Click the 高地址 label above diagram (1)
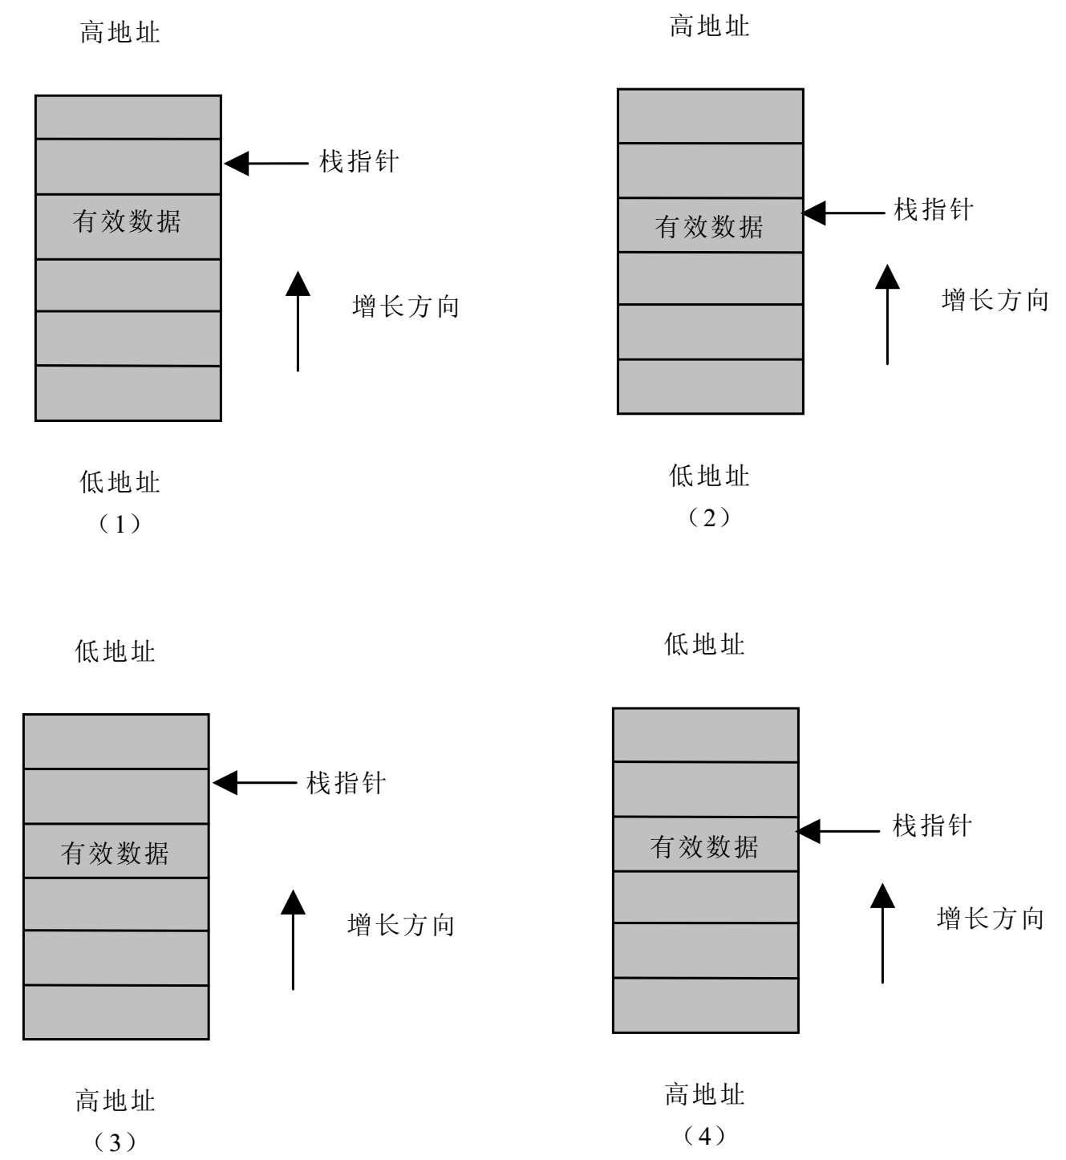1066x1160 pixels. coord(120,33)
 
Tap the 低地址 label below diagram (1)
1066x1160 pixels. coord(120,482)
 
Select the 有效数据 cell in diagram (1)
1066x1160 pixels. coord(128,222)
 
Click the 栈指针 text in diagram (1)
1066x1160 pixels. coord(359,162)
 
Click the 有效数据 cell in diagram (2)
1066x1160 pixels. coord(710,227)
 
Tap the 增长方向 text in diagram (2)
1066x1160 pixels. coord(995,301)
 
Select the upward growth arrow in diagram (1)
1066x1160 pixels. coord(298,322)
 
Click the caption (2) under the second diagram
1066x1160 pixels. coord(709,518)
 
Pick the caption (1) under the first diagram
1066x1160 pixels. coord(120,525)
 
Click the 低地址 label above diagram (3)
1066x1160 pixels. coord(115,651)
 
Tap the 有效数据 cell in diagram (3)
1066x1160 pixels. coord(116,853)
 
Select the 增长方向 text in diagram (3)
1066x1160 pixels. coord(401,925)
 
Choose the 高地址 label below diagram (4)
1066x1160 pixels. coord(704,1094)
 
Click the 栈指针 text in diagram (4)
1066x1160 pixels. coord(932,825)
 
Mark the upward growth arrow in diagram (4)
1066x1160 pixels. coord(882,934)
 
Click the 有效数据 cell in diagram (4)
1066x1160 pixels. coord(705,846)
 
